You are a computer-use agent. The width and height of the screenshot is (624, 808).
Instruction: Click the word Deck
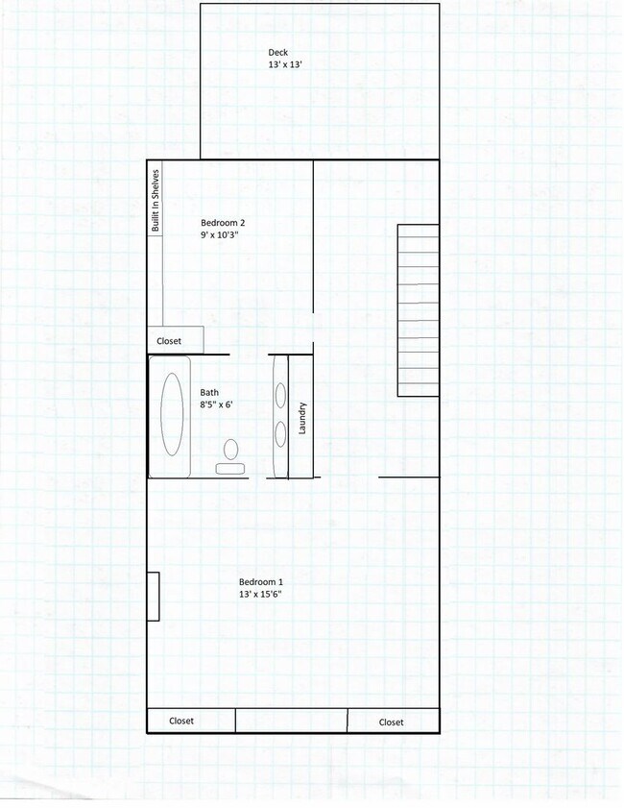pos(277,53)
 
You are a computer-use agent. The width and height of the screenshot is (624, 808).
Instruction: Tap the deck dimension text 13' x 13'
pos(286,65)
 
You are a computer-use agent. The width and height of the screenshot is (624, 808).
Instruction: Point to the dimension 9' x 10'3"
pos(218,234)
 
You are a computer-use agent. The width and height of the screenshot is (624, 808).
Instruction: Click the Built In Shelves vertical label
pos(155,200)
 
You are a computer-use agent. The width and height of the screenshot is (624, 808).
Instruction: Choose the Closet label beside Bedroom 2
pos(169,340)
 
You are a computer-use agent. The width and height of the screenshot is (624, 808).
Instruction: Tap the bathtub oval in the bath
pos(173,415)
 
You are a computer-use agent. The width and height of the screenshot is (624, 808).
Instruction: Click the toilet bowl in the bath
pos(230,449)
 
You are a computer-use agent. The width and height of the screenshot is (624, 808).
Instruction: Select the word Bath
pos(209,392)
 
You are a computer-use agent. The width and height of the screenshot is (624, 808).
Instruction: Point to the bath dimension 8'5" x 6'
pos(217,404)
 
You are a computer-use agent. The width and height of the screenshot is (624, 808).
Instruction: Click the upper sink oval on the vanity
pos(280,395)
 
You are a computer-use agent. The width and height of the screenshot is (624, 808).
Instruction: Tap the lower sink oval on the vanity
pos(280,434)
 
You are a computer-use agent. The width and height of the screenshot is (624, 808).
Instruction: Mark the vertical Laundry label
pos(301,417)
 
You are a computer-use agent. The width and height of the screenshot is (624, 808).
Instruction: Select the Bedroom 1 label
pos(260,582)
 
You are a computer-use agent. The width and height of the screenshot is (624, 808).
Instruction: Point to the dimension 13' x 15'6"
pos(260,595)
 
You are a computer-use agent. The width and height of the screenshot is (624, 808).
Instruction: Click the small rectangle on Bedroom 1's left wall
pos(153,596)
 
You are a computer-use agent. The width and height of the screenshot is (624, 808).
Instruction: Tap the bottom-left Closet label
pos(181,721)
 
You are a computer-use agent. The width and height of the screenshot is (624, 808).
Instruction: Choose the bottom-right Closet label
pos(391,722)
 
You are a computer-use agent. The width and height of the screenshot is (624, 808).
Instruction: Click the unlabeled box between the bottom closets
pos(291,721)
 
